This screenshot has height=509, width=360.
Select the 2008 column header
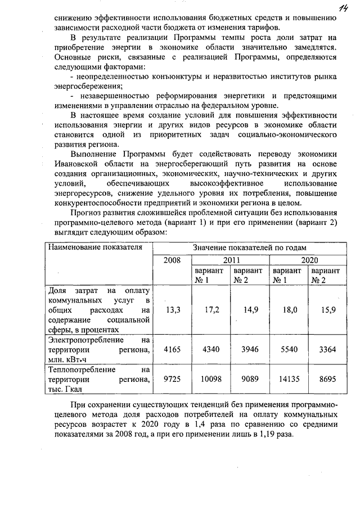[173, 260]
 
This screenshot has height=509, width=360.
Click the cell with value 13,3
[173, 309]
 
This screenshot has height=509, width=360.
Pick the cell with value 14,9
[250, 309]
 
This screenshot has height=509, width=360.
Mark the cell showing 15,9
[328, 309]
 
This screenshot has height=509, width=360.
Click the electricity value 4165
[173, 349]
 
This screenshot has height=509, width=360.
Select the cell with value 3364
[328, 349]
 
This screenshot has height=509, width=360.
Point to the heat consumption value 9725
[173, 380]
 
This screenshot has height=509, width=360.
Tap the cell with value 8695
[328, 380]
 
